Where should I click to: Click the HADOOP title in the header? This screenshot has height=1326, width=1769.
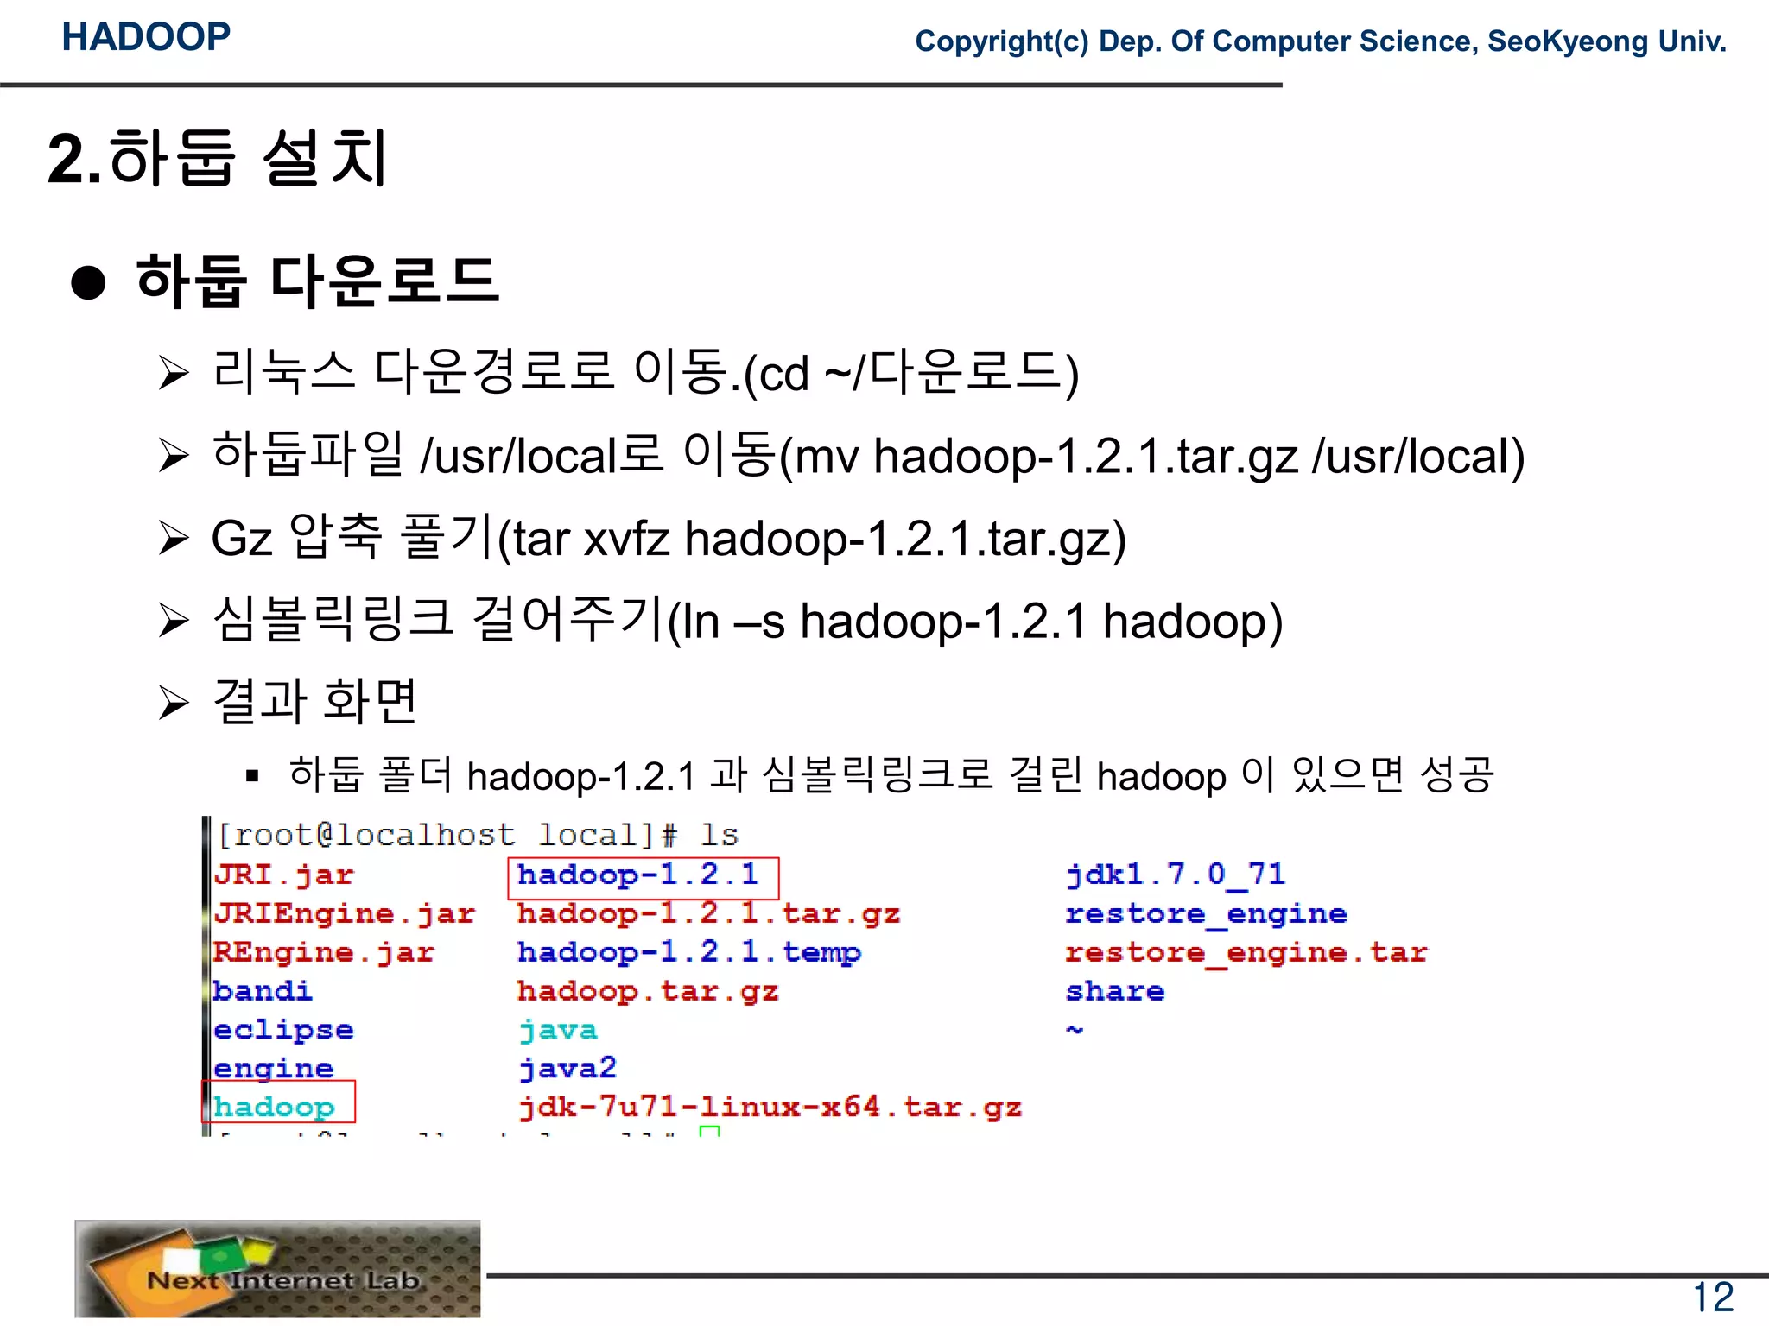click(146, 37)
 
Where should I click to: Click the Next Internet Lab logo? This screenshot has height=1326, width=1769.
click(277, 1268)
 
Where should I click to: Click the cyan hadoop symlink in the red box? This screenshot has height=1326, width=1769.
click(274, 1107)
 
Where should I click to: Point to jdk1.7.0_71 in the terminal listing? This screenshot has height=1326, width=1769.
click(1176, 875)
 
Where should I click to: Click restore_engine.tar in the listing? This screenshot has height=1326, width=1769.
click(1246, 952)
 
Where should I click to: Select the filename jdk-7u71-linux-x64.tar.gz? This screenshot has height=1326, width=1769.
click(770, 1107)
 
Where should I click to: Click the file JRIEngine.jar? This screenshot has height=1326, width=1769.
click(344, 913)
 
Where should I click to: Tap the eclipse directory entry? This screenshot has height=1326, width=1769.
click(283, 1030)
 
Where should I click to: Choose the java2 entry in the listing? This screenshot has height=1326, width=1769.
click(567, 1069)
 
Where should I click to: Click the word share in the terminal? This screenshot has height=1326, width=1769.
click(1115, 991)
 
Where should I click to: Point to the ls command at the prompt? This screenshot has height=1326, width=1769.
click(719, 836)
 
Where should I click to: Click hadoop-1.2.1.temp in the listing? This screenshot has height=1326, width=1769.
click(688, 952)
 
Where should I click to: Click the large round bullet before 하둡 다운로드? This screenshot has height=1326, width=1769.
click(88, 282)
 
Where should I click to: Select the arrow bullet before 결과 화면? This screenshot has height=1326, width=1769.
click(174, 702)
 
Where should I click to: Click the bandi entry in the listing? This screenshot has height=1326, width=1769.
click(262, 991)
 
